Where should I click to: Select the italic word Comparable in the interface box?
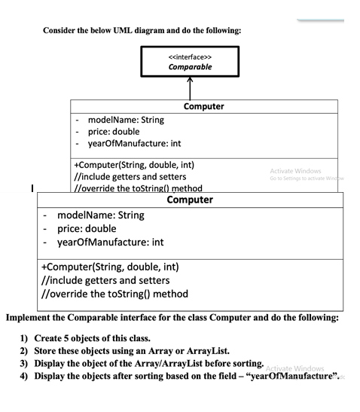pyautogui.click(x=190, y=66)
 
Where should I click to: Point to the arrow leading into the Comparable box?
pyautogui.click(x=190, y=89)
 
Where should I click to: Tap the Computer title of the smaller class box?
pyautogui.click(x=203, y=107)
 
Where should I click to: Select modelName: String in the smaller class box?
pyautogui.click(x=126, y=120)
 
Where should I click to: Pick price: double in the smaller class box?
pyautogui.click(x=115, y=132)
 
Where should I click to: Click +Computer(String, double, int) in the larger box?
pyautogui.click(x=109, y=267)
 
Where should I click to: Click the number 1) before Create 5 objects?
pyautogui.click(x=24, y=337)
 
